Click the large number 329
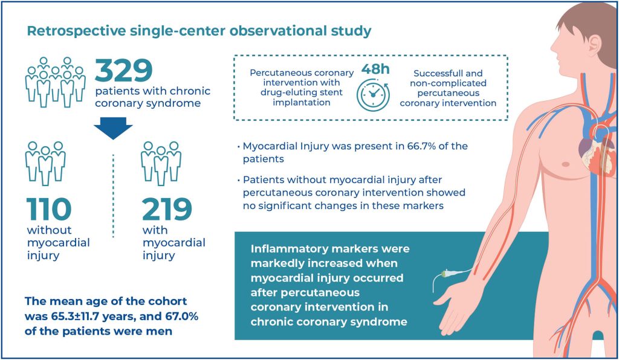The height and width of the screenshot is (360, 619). tap(123, 71)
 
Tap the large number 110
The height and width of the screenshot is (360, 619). tap(49, 209)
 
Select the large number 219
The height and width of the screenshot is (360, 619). tap(167, 209)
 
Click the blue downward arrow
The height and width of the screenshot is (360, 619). tap(113, 126)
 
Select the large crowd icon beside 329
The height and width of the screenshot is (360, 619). tap(55, 82)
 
